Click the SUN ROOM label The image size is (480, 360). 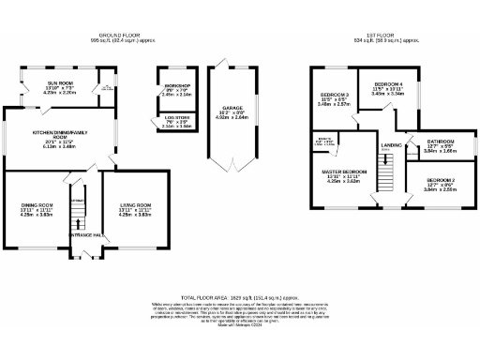tap(59, 82)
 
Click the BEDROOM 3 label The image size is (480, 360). tap(335, 96)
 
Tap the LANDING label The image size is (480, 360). tap(391, 146)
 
